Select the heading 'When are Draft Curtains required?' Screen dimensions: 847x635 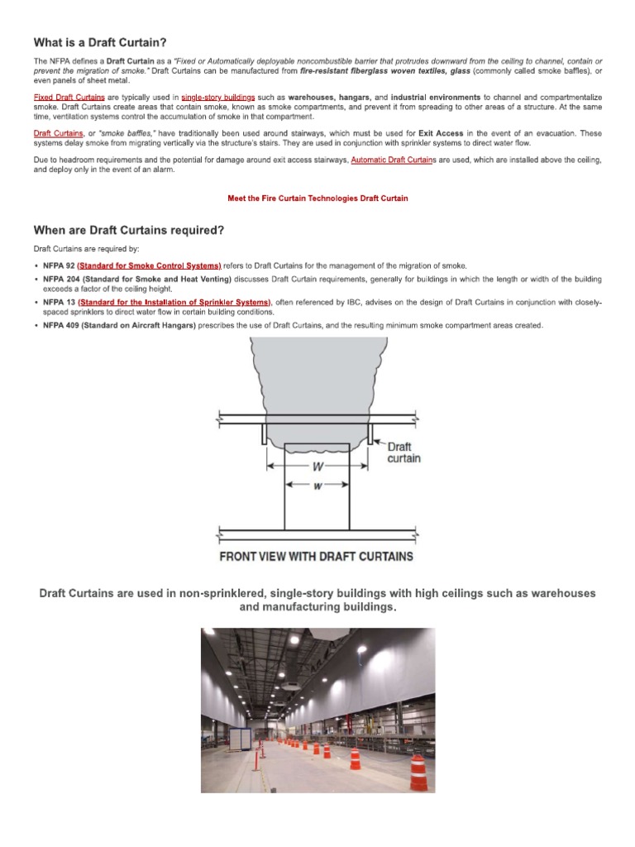tap(128, 229)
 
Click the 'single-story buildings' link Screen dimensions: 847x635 tap(217, 98)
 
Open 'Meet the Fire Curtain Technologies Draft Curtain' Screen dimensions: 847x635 tap(317, 199)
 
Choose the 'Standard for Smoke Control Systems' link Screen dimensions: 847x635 tap(149, 266)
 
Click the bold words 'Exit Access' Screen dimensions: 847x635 tap(441, 133)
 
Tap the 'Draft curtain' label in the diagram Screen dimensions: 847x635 tap(403, 452)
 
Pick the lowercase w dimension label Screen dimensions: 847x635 tap(317, 486)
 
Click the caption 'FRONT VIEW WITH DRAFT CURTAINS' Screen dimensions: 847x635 tap(316, 557)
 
